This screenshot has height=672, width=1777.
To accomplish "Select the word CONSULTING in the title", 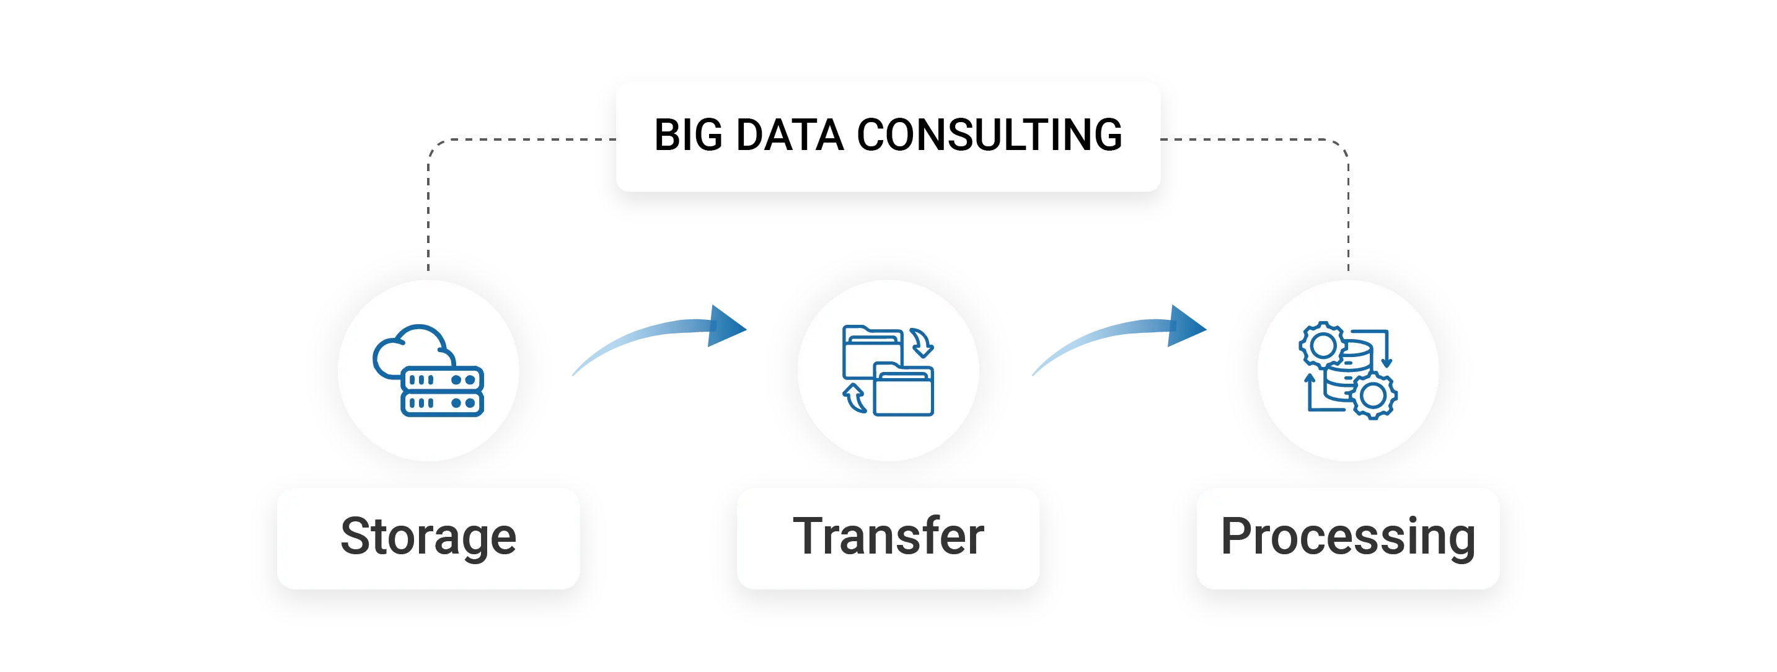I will tap(989, 135).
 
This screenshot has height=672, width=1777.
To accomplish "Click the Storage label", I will tap(428, 537).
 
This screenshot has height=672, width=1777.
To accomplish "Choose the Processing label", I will tap(1348, 537).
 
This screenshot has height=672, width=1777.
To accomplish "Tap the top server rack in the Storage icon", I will tap(442, 379).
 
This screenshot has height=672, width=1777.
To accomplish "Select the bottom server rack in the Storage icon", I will tap(442, 403).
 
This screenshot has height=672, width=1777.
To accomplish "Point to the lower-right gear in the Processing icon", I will tap(1373, 396).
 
